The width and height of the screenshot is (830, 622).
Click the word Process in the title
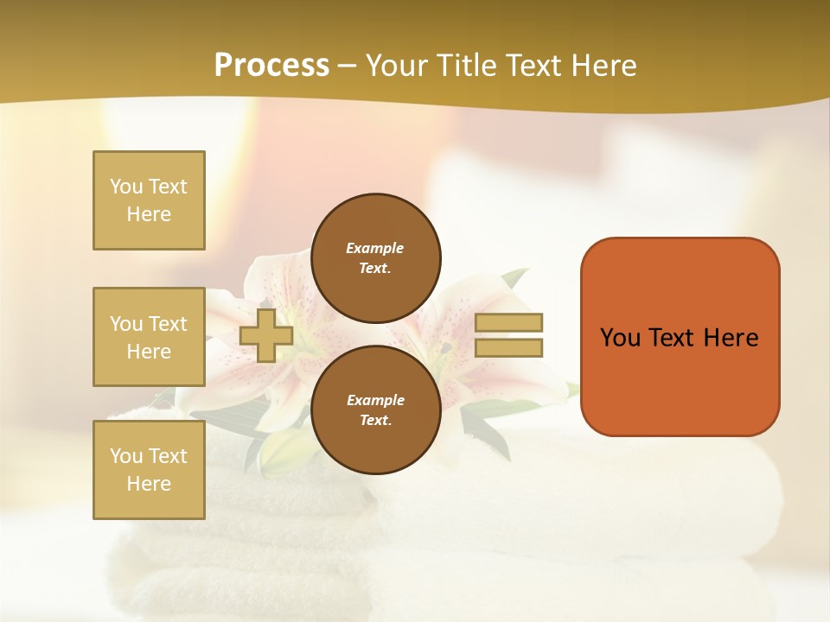pos(271,66)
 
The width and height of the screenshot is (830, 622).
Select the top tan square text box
pos(149,200)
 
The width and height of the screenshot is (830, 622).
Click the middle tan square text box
pos(149,337)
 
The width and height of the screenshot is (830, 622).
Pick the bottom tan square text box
pos(149,469)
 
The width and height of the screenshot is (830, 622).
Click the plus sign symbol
pos(266,335)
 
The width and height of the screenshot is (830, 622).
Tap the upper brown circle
pos(375,257)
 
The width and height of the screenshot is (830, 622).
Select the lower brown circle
pos(375,409)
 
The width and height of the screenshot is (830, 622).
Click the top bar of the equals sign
pos(508,323)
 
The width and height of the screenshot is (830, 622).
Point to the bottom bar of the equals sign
pos(508,348)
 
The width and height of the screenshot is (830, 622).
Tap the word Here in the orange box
pos(731,338)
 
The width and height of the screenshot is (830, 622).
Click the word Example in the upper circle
pos(375,248)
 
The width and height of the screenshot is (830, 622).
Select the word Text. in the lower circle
pos(375,421)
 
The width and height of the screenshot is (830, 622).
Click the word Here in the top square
pos(149,214)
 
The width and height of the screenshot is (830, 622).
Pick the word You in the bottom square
pos(126,456)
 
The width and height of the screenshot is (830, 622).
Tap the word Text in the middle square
pos(168,324)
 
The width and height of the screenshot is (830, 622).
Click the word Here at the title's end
pos(605,66)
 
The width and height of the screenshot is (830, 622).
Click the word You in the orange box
pos(620,338)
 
